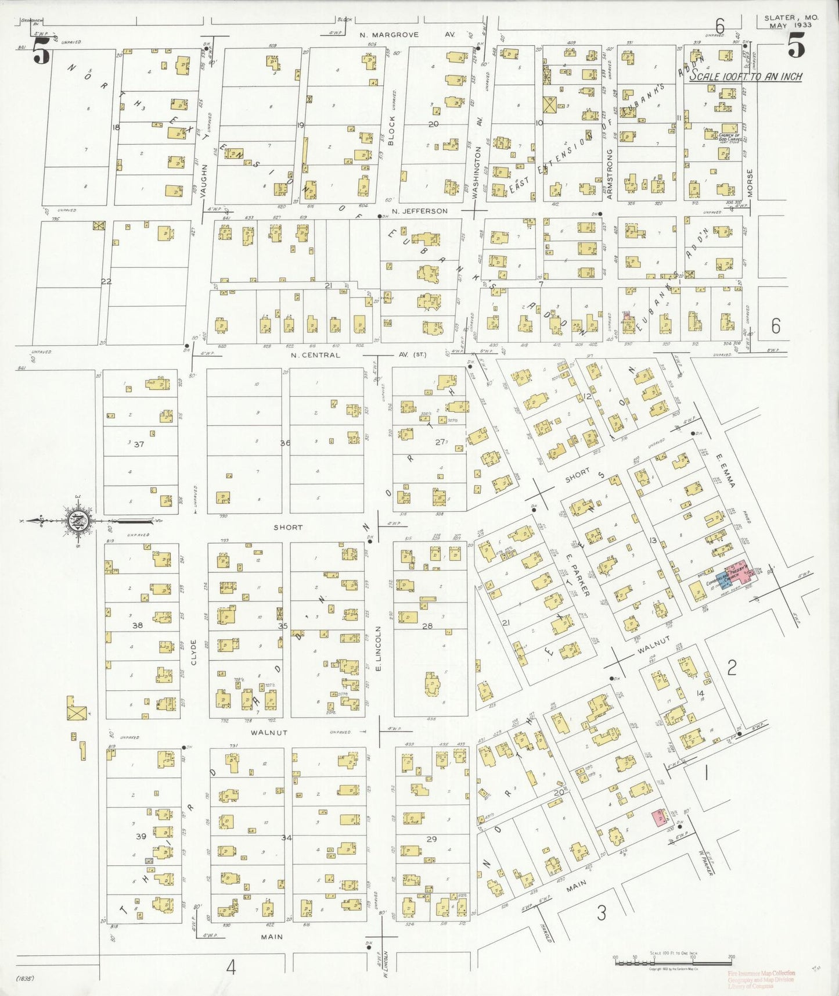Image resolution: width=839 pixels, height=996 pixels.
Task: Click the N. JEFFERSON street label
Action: (420, 211)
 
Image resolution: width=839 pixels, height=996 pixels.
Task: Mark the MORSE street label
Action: (750, 183)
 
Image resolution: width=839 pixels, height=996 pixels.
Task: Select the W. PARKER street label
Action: (707, 862)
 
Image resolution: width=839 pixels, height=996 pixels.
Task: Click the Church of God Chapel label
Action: (729, 137)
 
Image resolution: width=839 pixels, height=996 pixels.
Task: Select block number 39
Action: (141, 836)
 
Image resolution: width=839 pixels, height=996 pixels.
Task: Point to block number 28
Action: (427, 626)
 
